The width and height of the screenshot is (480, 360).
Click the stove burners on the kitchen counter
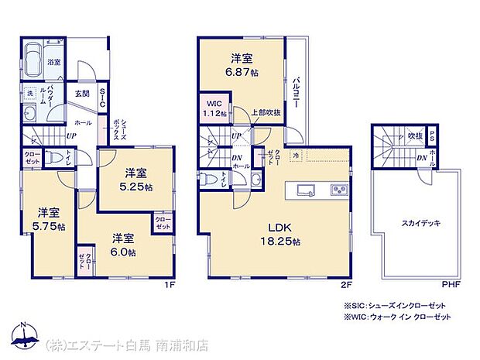pos(340,189)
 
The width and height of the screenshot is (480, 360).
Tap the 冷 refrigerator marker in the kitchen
pos(296,155)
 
